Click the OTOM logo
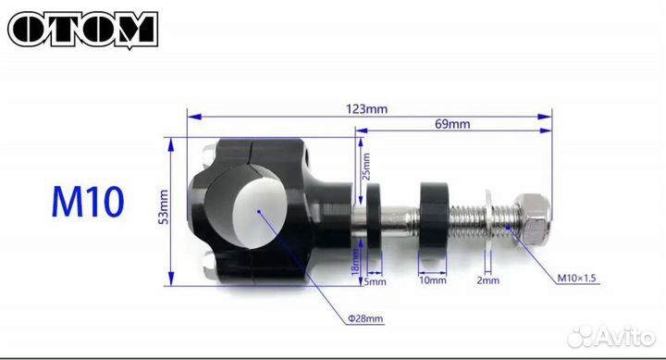point(83,30)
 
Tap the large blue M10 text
point(88,202)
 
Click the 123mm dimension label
point(366,109)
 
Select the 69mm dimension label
point(452,124)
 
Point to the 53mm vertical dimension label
point(164,207)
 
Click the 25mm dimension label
point(366,167)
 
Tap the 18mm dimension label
point(356,262)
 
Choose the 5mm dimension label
point(375,281)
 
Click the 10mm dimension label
point(432,280)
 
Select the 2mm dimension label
point(488,280)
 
